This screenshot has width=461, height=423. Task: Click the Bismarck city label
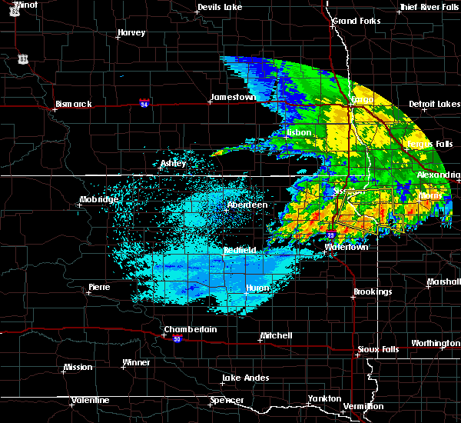74,104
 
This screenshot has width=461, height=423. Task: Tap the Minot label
25,5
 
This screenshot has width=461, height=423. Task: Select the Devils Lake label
221,7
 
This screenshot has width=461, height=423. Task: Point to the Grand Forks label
355,20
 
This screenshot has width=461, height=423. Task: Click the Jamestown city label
233,98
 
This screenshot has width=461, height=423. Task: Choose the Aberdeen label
247,205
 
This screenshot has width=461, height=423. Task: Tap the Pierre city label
99,287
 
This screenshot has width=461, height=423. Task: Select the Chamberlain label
190,329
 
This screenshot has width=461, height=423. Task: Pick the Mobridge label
99,200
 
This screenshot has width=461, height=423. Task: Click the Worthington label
435,343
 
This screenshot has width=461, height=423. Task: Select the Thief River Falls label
429,7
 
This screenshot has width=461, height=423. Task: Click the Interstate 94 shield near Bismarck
144,102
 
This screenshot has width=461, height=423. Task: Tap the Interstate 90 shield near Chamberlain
177,339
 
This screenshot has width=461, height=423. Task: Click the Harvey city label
131,33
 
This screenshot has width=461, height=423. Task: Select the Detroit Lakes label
435,104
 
